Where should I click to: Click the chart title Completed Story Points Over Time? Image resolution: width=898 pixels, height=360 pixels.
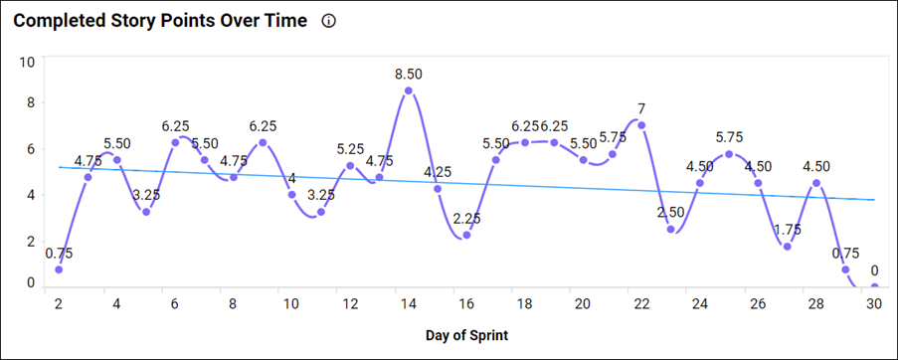click(160, 22)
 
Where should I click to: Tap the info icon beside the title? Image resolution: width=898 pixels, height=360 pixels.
click(329, 22)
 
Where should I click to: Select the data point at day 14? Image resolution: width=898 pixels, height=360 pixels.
click(409, 90)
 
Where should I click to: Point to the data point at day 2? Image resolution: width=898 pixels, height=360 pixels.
click(59, 270)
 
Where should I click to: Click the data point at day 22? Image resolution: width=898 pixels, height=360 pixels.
click(641, 125)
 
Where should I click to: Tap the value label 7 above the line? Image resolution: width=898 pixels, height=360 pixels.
click(641, 107)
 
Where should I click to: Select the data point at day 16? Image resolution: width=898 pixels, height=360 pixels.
click(466, 235)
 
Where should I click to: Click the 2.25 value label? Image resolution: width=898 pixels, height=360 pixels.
click(466, 217)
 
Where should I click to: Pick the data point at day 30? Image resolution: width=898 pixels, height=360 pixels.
click(875, 287)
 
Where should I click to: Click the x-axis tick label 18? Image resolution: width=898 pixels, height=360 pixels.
click(525, 303)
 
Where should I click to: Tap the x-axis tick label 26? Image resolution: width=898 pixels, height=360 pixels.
click(758, 303)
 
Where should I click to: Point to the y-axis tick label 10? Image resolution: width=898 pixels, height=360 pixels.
click(28, 62)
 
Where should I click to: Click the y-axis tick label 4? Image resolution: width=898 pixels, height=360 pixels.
click(31, 195)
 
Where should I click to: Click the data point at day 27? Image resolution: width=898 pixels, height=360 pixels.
click(788, 247)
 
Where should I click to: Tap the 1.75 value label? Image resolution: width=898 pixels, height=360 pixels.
click(788, 229)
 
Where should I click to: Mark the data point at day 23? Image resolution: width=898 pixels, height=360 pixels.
click(671, 230)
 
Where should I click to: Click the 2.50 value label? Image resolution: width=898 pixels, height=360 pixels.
click(671, 212)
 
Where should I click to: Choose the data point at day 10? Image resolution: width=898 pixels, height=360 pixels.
click(292, 195)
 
